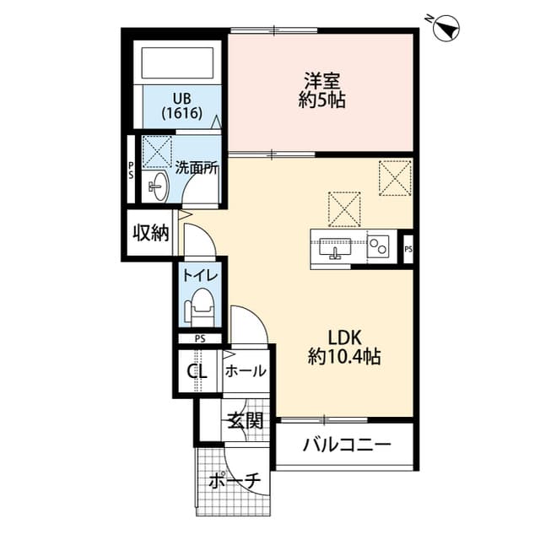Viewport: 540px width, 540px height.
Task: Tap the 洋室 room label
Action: [321, 82]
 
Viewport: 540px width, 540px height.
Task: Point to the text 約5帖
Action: [321, 101]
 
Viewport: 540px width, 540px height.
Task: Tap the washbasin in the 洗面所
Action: [157, 186]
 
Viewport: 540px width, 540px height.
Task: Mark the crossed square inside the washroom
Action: [156, 150]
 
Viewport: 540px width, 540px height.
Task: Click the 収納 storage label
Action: [150, 232]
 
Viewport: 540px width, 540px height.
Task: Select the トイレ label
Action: [200, 274]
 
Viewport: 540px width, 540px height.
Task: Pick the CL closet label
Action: [197, 371]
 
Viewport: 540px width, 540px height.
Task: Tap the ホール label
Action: [246, 370]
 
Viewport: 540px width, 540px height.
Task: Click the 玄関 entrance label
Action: [245, 419]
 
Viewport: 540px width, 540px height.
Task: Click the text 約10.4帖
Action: [344, 357]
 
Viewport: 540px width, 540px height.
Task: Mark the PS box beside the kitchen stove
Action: [408, 249]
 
